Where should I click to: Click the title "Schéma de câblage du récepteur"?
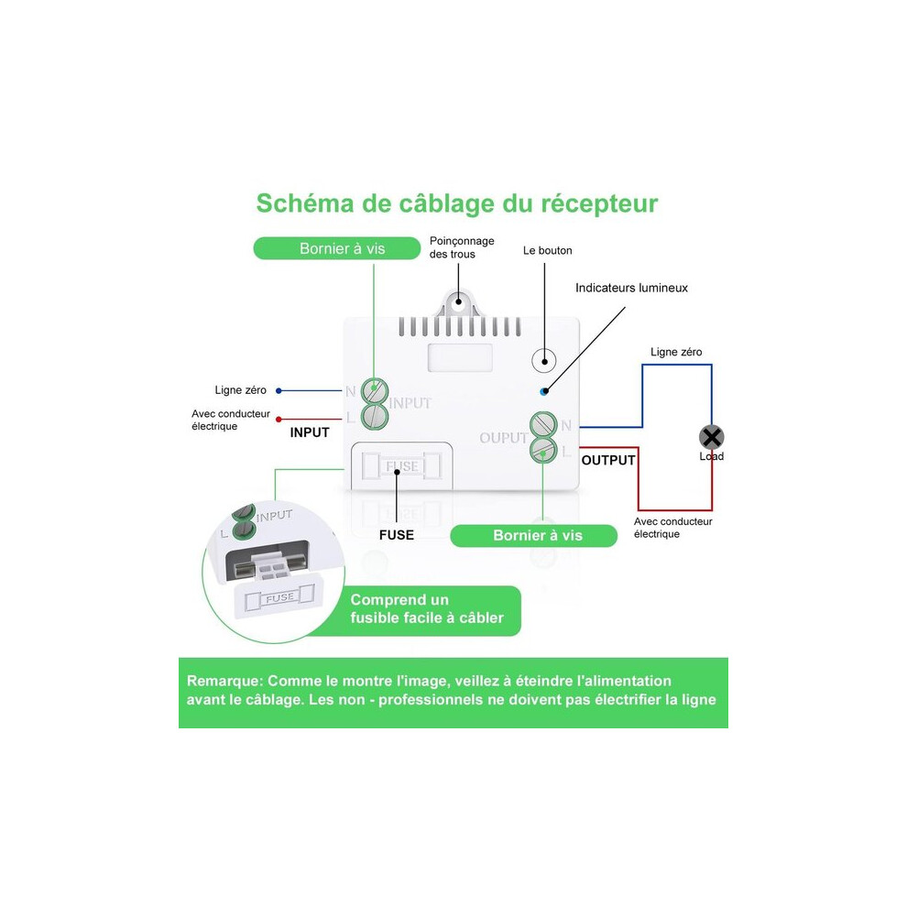(457, 203)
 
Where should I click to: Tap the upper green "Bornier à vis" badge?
(336, 248)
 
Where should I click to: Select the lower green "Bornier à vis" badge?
(533, 535)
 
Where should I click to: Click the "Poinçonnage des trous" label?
(462, 247)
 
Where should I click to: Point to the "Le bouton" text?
(547, 250)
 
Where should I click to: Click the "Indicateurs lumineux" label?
(631, 288)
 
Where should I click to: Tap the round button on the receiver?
(543, 360)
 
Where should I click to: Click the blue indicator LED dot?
(543, 391)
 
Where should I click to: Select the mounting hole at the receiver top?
(458, 301)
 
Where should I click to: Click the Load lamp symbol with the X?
(712, 437)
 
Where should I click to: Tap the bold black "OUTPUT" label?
(608, 461)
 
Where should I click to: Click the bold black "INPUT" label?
(310, 432)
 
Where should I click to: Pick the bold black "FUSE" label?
(396, 535)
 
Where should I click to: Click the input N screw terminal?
(375, 391)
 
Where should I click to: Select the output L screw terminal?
(543, 450)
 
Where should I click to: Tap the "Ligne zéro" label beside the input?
(241, 390)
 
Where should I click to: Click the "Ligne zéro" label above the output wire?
(676, 352)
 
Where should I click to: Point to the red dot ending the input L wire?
(279, 420)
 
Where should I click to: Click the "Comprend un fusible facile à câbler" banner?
(427, 608)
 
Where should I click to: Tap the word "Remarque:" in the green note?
(224, 681)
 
